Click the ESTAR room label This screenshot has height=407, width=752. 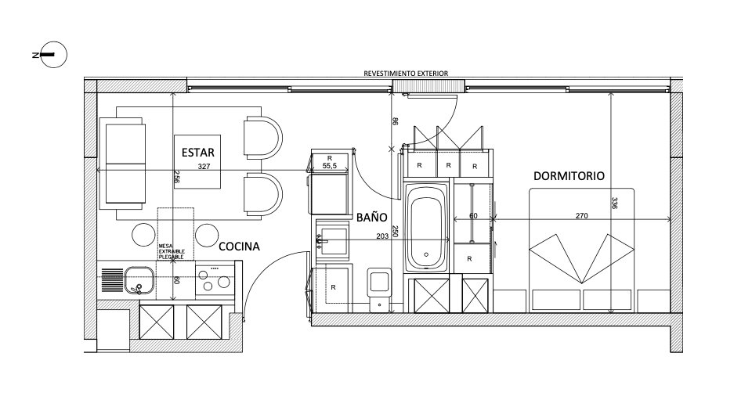coord(197,153)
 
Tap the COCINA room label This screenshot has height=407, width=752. coord(239,247)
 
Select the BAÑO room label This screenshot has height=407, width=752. coord(371,217)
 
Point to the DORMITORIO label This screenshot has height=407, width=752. coord(569,176)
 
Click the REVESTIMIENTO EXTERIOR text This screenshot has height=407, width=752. coord(406,74)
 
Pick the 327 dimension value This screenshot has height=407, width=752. coord(204,167)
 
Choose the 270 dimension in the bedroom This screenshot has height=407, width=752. coord(581,216)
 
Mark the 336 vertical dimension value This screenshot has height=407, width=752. coord(616,203)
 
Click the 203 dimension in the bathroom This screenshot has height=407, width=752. coord(382,236)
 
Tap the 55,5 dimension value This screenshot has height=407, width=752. coord(330,165)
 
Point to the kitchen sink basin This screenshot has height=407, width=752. coord(139,280)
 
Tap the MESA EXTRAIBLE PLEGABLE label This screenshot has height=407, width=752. coord(172,252)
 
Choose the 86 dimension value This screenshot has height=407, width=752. coord(395,121)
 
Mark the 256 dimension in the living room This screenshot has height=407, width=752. coord(176,178)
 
